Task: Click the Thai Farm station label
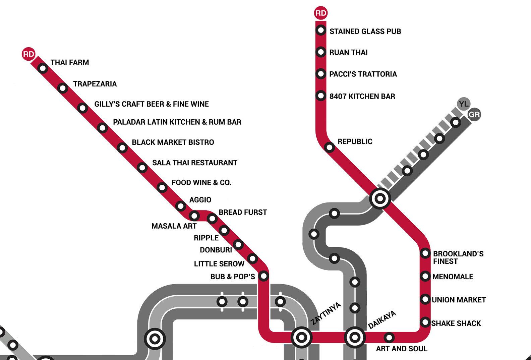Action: coord(70,62)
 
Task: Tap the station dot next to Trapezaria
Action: coord(63,88)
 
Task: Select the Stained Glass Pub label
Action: coord(365,31)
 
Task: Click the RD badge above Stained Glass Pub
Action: coord(320,13)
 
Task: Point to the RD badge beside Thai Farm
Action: coord(28,54)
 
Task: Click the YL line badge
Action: coord(464,104)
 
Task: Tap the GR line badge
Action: coord(474,115)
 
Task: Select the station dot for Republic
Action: coord(330,147)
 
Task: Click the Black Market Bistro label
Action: coord(173,142)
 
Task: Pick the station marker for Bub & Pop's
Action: coord(264,276)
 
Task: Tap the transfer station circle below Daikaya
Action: coord(355,337)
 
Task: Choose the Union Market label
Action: coord(459,300)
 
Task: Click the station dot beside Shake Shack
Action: coord(425,322)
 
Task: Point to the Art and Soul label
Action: coord(402,349)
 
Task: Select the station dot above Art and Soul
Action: coord(389,337)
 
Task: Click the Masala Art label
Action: coord(174,226)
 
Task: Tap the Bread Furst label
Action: coord(243,212)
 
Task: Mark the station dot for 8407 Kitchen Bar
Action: coord(321,96)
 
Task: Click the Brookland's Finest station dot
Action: coord(425,253)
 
